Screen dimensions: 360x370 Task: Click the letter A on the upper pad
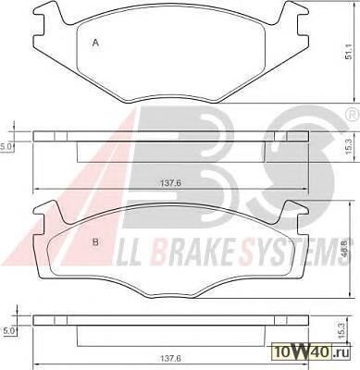click(95, 43)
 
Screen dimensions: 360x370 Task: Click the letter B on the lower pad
click(95, 242)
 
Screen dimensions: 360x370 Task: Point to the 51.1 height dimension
click(349, 53)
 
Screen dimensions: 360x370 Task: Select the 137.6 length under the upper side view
click(170, 183)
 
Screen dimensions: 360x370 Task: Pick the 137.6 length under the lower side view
click(170, 359)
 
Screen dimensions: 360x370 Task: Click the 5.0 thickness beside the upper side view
click(6, 147)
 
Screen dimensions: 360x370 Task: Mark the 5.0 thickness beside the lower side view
click(8, 331)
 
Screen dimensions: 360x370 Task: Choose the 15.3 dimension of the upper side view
click(349, 149)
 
